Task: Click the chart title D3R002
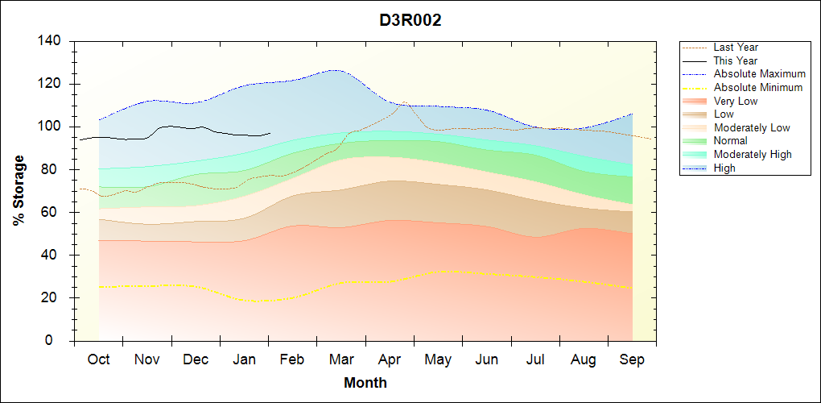coord(410,20)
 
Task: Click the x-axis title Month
coord(365,383)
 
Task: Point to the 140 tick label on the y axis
coord(52,41)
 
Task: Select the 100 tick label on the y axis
coord(52,127)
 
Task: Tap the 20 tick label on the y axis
coord(55,298)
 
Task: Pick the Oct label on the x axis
coord(98,360)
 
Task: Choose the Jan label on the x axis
coord(245,360)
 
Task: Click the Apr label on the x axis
coord(390,360)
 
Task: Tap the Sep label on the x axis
coord(632,360)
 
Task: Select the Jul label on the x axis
coord(535,360)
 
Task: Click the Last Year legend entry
coord(736,48)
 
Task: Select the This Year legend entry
coord(736,60)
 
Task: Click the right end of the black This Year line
coord(270,134)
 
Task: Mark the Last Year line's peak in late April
coord(404,102)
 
